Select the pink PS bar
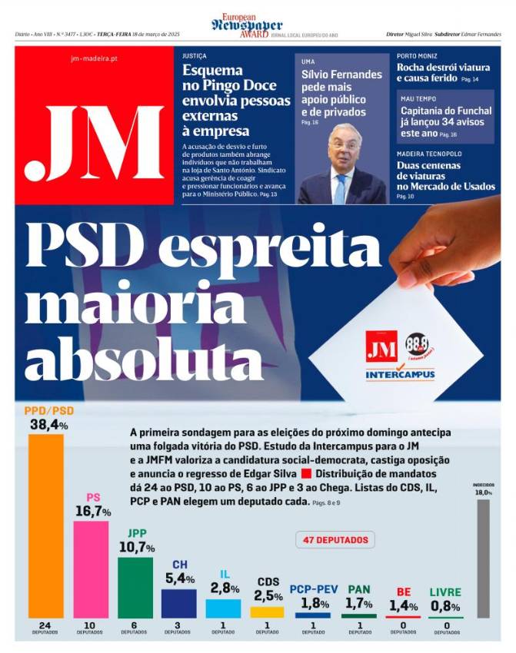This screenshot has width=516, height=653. (91, 569)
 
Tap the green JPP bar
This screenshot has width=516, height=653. (135, 588)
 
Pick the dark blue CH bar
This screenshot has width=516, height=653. (178, 603)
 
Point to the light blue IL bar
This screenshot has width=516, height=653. (223, 608)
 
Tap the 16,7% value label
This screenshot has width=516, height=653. (93, 511)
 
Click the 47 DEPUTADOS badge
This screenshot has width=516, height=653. (335, 540)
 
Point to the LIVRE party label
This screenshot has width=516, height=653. (445, 592)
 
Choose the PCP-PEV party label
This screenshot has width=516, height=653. (313, 590)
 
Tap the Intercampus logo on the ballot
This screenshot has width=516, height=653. (400, 375)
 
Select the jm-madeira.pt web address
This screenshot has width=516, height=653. (94, 58)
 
